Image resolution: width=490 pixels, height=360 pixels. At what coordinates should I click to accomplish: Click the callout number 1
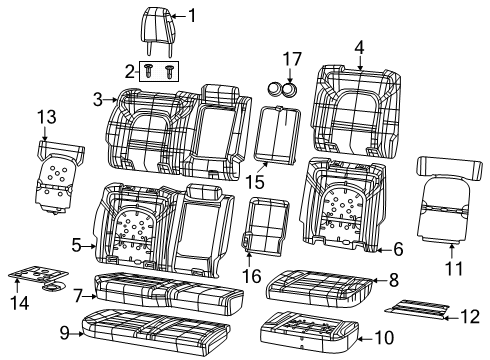click(x=193, y=16)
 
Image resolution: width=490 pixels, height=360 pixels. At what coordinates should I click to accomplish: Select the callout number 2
click(x=130, y=70)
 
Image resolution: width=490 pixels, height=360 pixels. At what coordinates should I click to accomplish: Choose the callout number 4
click(x=358, y=45)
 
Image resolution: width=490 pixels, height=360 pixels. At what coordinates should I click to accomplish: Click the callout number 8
click(x=393, y=282)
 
